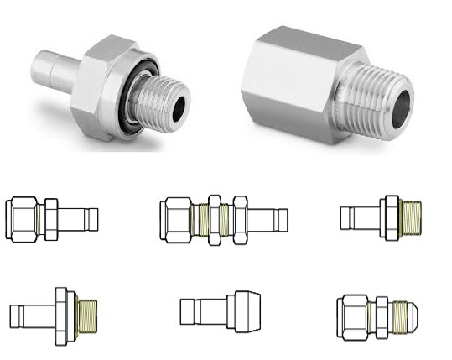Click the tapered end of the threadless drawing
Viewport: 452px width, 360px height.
pyautogui.click(x=245, y=311)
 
